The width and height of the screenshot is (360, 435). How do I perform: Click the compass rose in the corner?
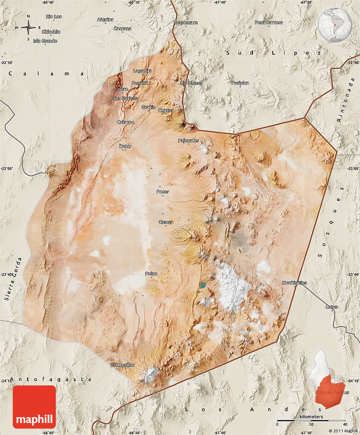[x=28, y=28]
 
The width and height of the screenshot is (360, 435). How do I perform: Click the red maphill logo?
[x=34, y=407]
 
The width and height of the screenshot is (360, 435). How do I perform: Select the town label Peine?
[x=151, y=274]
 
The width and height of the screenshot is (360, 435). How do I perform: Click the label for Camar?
[x=166, y=222]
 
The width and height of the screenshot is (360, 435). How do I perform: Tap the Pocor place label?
[x=163, y=192]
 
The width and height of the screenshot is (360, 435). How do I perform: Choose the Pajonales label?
[x=188, y=140]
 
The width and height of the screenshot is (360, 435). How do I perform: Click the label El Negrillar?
[x=122, y=365]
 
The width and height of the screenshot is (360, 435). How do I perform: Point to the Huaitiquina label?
[x=295, y=282]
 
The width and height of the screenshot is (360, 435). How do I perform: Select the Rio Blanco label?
[x=191, y=83]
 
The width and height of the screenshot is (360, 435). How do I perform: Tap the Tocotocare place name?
[x=186, y=22]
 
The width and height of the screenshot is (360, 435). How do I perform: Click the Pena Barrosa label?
[x=269, y=22]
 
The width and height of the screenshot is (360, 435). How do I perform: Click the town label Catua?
[x=332, y=307]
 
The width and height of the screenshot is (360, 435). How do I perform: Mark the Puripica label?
[x=240, y=83]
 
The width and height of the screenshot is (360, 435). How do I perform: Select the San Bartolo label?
[x=125, y=98]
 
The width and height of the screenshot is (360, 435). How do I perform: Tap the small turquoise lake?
[x=204, y=285]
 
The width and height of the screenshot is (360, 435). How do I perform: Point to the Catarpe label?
[x=125, y=122]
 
